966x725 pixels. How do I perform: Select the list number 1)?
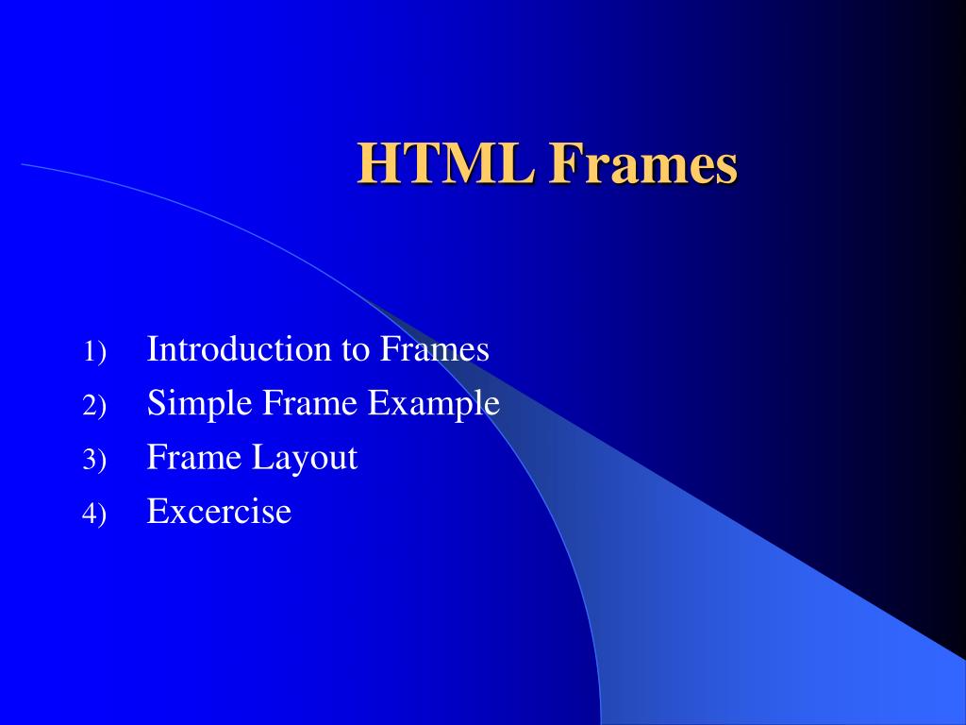[94, 352]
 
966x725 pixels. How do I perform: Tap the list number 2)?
[94, 407]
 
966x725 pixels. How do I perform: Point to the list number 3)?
[94, 461]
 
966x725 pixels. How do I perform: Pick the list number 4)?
[94, 514]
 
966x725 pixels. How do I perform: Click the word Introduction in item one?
[240, 349]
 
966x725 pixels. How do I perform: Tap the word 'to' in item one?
[356, 350]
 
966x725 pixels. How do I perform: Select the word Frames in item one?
[435, 349]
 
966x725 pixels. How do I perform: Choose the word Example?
[433, 404]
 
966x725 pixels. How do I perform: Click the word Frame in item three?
[194, 458]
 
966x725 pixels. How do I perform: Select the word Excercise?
[220, 512]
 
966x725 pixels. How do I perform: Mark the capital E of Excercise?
[157, 512]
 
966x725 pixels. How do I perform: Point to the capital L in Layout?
[258, 458]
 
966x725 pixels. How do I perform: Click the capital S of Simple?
[157, 404]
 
